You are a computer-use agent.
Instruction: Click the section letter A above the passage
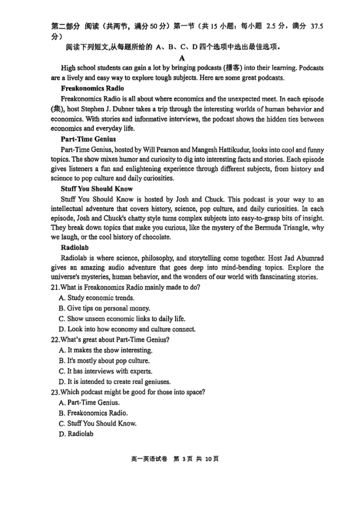[x=182, y=58]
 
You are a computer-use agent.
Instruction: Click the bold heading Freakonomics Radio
[x=92, y=88]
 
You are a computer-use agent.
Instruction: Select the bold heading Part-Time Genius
[x=88, y=139]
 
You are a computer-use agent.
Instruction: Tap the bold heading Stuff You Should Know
[x=97, y=189]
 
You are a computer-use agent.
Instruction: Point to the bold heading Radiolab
[x=75, y=248]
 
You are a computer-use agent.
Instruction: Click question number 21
[x=55, y=287]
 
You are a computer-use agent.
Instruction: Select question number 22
[x=55, y=340]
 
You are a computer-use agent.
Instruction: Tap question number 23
[x=55, y=392]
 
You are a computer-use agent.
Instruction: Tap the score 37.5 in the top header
[x=316, y=27]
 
